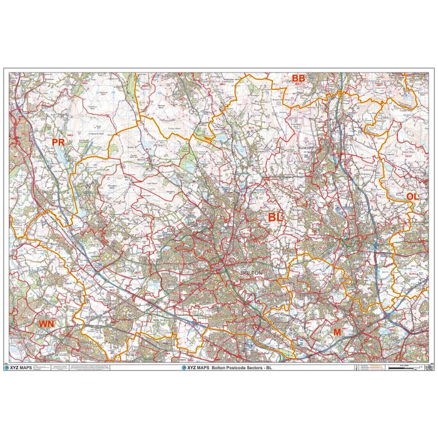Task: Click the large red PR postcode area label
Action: click(58, 143)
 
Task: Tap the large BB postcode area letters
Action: click(298, 78)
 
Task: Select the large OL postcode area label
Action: click(412, 196)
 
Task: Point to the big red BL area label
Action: click(275, 216)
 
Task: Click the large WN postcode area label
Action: click(47, 323)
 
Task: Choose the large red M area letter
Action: click(337, 332)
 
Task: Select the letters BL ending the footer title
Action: click(270, 368)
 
